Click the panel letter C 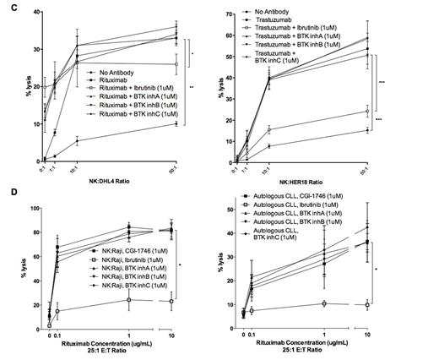point(6,6)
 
